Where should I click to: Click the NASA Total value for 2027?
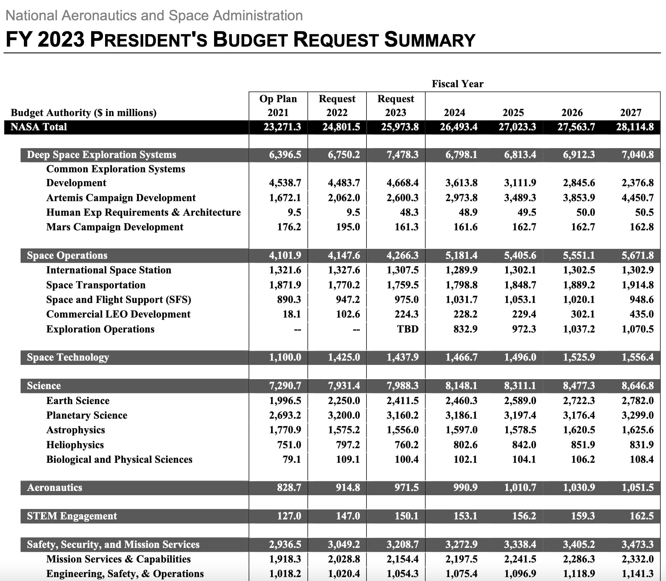click(x=635, y=127)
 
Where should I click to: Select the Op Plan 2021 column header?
click(x=278, y=105)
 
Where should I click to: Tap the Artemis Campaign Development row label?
click(x=121, y=198)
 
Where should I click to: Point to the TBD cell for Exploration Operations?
click(x=407, y=329)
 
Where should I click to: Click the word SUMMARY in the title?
click(x=430, y=40)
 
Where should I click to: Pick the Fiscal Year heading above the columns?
click(x=457, y=84)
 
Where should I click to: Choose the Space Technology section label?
click(x=68, y=357)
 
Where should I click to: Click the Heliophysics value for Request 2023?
click(x=406, y=445)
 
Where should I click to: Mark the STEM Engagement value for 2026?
click(x=583, y=516)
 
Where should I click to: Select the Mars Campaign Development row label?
click(x=115, y=227)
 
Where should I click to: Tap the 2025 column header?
click(x=513, y=112)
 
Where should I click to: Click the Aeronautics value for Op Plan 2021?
click(x=289, y=487)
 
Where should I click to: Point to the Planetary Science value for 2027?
click(x=638, y=415)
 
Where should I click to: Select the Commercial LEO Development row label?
click(x=118, y=314)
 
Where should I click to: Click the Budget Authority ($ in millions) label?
click(x=84, y=112)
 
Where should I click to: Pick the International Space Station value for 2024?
click(x=461, y=270)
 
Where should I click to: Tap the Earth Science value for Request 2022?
click(x=344, y=401)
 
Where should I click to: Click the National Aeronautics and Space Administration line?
click(x=154, y=16)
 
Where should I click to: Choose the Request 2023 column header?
click(x=396, y=105)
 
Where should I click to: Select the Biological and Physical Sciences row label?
click(x=119, y=460)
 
